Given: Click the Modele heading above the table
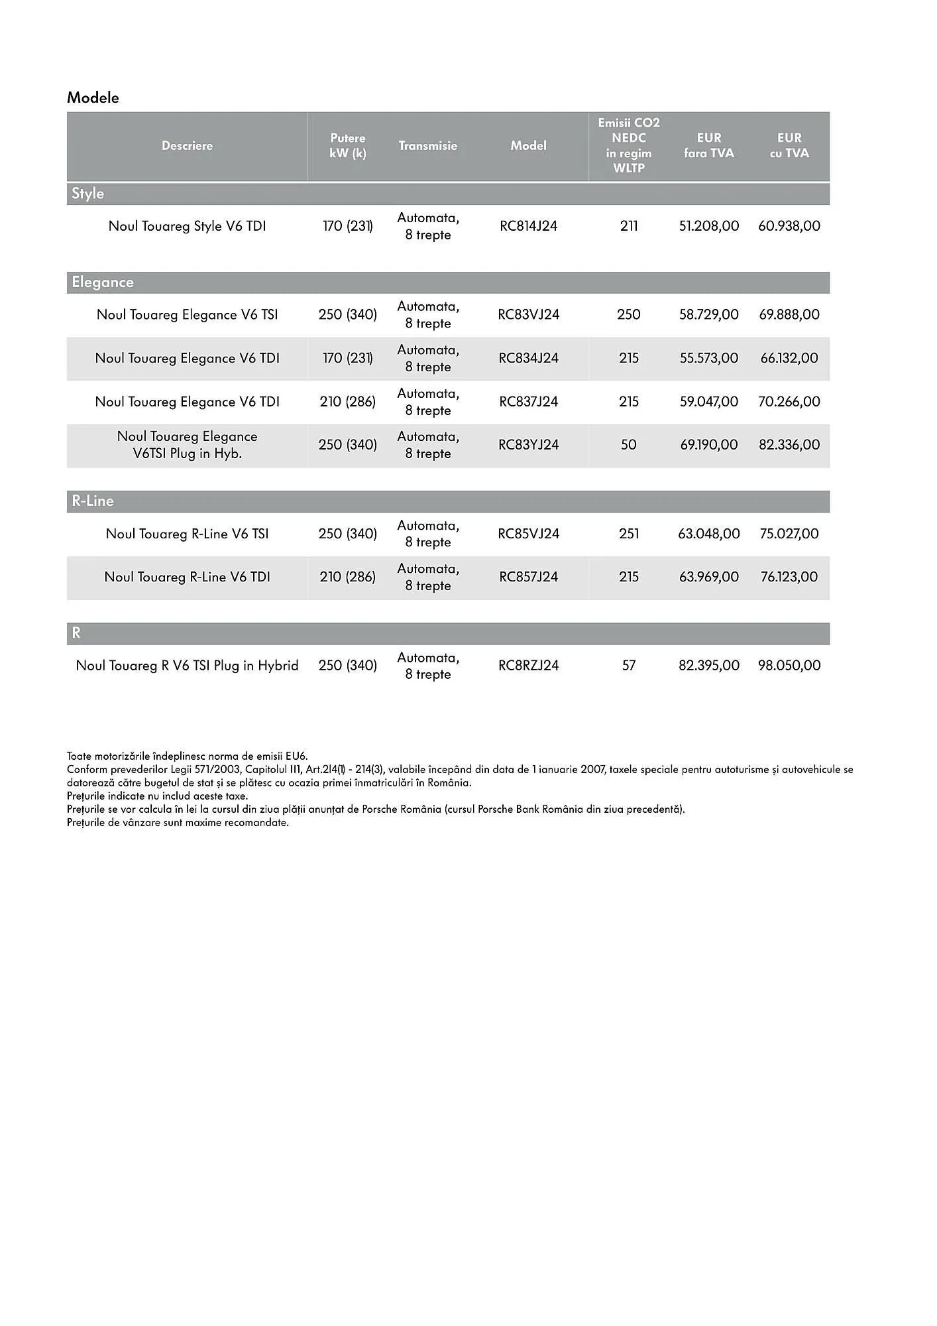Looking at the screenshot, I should [x=93, y=97].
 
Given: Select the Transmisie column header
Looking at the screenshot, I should [x=427, y=146].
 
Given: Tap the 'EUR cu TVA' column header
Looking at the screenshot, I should [x=789, y=146].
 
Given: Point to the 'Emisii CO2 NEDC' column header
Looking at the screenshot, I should [x=628, y=146].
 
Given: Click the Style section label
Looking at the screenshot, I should [x=87, y=194].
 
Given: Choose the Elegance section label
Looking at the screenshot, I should [x=103, y=282].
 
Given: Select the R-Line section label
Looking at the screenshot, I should [x=92, y=501].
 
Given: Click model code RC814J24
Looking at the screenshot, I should [x=528, y=226].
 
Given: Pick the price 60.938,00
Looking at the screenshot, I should [x=789, y=226].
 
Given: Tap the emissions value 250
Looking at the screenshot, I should [x=628, y=315].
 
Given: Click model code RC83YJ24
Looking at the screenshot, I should [x=528, y=445].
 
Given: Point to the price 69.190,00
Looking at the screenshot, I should [x=708, y=445].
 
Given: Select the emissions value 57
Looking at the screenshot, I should [x=628, y=666].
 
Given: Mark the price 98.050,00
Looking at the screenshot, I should [x=789, y=666].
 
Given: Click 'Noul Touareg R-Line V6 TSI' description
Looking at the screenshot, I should [x=187, y=534].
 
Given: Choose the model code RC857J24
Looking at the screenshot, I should [x=528, y=577].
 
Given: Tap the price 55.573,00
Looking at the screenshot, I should [x=708, y=359].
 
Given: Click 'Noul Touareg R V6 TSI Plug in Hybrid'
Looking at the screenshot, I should [x=187, y=666].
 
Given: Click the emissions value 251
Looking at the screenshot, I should [x=628, y=534].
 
